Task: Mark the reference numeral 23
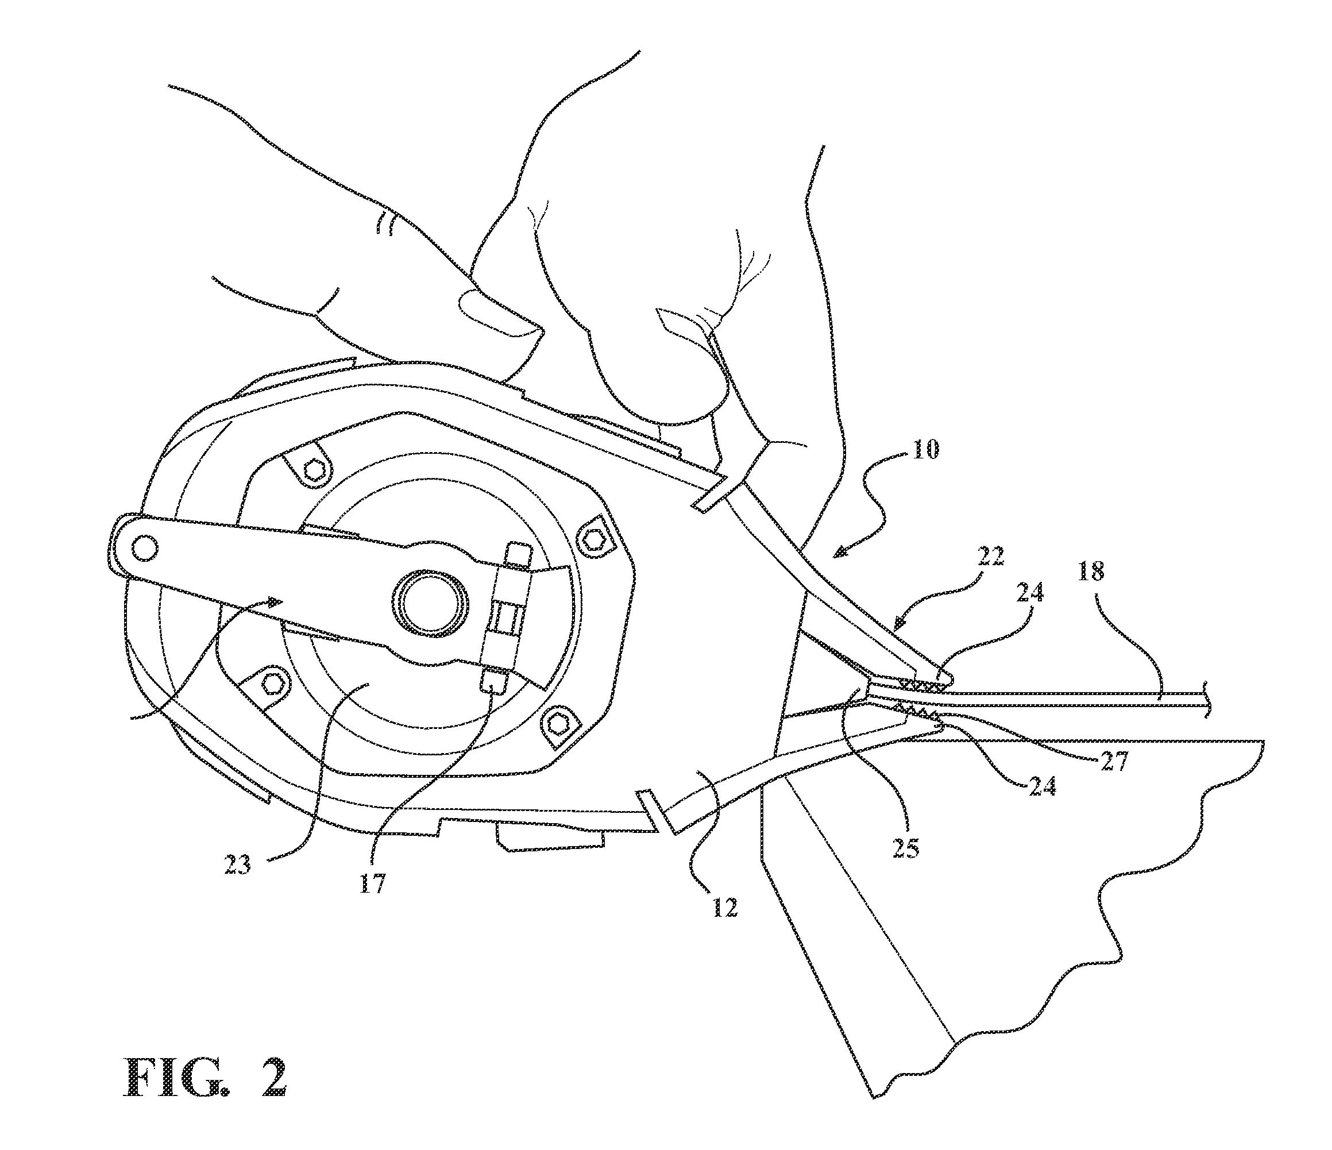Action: pos(237,865)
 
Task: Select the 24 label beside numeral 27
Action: pos(1041,786)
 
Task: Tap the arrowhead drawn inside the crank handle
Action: pos(275,601)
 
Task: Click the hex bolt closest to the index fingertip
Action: pos(314,471)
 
